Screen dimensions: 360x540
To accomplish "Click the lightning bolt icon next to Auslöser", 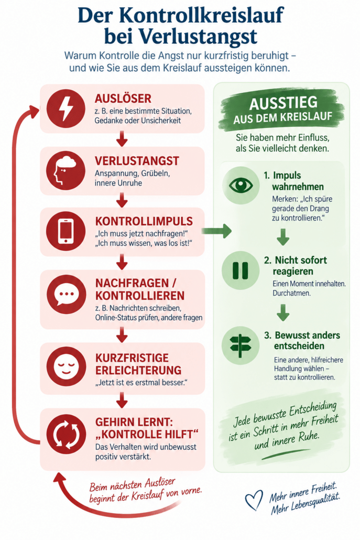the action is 66,108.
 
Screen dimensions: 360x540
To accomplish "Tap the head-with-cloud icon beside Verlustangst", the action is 66,170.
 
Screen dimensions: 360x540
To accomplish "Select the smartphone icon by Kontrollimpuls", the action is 66,231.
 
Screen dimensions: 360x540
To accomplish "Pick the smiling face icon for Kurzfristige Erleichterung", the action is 67,366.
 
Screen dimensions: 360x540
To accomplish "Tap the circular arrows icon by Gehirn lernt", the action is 67,434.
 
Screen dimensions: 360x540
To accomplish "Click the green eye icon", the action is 241,186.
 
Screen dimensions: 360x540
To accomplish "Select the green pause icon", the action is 240,271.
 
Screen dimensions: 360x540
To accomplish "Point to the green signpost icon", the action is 240,345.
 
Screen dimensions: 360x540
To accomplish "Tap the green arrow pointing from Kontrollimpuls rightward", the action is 216,231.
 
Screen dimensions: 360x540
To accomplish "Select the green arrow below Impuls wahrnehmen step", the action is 283,237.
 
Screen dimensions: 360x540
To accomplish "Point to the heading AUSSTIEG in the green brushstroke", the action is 283,103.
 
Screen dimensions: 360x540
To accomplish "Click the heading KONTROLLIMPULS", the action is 144,221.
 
